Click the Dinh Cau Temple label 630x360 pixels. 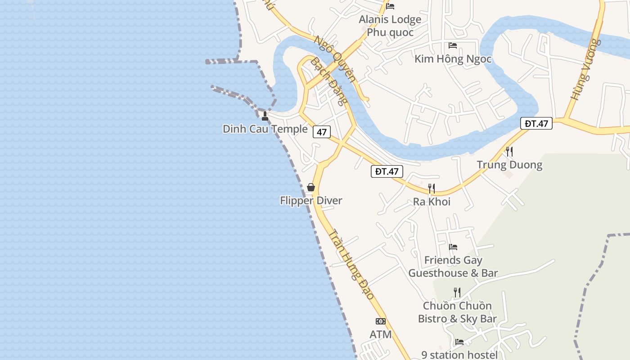(265, 129)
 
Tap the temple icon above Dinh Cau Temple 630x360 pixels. (265, 117)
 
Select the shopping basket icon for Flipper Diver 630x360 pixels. (310, 187)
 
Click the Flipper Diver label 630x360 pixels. (311, 201)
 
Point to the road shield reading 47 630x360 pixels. (322, 132)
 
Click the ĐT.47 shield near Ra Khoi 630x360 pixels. (387, 171)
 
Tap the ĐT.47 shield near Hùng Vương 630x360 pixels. (536, 123)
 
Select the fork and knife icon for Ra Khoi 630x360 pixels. (432, 189)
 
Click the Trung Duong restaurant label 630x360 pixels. (509, 165)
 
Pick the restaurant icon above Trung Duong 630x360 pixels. (509, 152)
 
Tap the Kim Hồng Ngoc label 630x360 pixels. (453, 59)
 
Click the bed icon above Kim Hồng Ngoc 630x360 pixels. (453, 45)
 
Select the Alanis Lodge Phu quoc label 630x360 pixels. (390, 26)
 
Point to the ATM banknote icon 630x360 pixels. (381, 321)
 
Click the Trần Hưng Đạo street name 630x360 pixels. (351, 265)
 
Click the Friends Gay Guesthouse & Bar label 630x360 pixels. (453, 266)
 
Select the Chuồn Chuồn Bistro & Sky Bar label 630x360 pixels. (457, 312)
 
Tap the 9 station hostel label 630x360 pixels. (459, 355)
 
